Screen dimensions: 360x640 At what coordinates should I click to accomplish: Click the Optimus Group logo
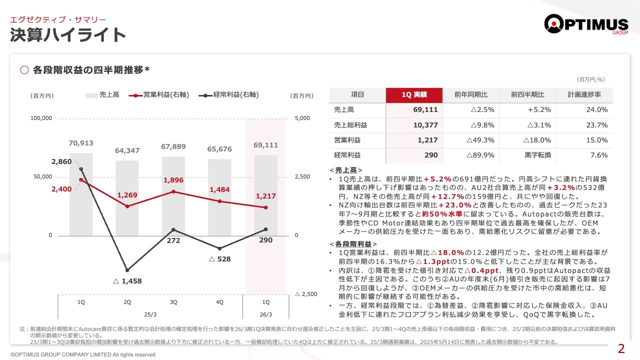point(586,24)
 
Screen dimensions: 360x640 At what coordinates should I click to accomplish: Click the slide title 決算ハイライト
point(68,35)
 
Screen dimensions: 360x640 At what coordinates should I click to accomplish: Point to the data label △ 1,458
point(127,281)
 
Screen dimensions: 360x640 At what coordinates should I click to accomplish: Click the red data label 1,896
point(173,180)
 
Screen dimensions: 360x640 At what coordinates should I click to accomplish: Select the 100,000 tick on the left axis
point(41,118)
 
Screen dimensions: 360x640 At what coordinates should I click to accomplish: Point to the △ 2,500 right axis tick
point(306,294)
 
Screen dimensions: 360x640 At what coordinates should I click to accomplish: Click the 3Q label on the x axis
point(173,302)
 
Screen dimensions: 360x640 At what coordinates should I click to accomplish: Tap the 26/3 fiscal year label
point(265,314)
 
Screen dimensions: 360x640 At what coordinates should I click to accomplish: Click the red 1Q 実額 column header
point(414,95)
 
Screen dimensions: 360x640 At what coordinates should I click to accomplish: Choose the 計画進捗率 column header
point(584,95)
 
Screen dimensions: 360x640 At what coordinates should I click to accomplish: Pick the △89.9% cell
point(480,155)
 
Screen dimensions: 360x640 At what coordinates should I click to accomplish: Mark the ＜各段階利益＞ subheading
point(353,243)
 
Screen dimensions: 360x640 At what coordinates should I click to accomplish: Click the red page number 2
point(621,349)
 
